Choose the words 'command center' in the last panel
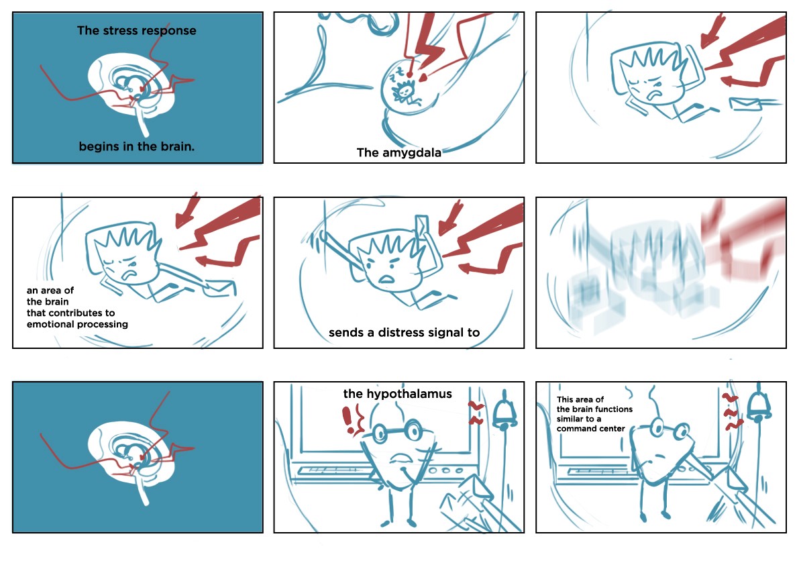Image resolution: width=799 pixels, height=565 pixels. click(590, 429)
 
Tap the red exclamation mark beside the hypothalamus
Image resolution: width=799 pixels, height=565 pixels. click(348, 420)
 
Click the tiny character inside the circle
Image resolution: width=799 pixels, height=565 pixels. click(405, 93)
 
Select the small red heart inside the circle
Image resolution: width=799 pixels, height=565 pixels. click(423, 78)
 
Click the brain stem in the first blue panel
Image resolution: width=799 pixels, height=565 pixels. click(143, 122)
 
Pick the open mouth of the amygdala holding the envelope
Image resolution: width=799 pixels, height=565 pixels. click(387, 278)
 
